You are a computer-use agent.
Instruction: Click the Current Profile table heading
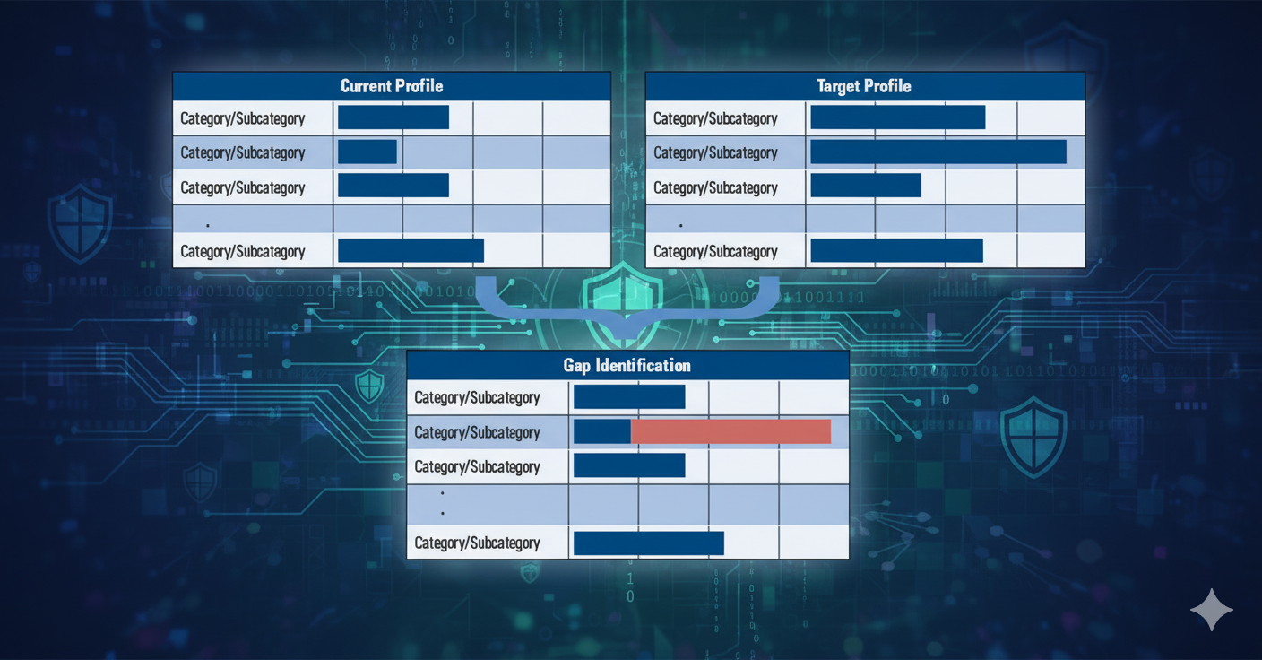(392, 86)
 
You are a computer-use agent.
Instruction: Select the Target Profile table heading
(864, 86)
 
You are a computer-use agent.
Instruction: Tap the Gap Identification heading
(627, 365)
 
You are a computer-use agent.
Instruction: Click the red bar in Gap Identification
(730, 431)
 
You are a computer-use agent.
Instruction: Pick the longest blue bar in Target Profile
(938, 152)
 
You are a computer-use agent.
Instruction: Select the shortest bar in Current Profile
(367, 152)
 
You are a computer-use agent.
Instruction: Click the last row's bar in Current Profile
(411, 251)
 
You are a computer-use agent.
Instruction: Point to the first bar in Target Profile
(897, 117)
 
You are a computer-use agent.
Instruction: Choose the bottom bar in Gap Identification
(648, 543)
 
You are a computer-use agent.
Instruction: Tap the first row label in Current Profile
(243, 118)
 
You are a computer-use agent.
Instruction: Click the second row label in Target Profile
(715, 152)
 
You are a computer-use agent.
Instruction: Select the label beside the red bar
(477, 432)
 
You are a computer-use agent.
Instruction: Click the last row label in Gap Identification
(477, 543)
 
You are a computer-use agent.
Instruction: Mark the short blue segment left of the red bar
(602, 431)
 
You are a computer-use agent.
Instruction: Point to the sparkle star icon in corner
(1212, 610)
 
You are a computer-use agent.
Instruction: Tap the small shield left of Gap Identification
(369, 386)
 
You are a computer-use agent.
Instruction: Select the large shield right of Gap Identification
(1033, 438)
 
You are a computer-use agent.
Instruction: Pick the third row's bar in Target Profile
(866, 186)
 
